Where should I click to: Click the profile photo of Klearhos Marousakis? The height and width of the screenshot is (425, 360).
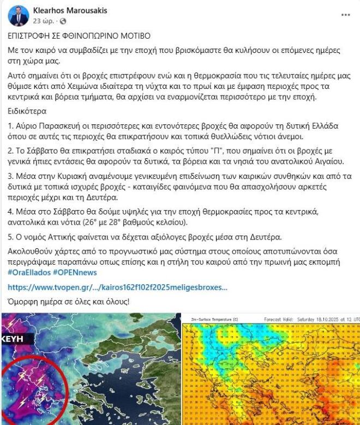(18, 16)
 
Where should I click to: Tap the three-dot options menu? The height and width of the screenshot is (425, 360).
(345, 14)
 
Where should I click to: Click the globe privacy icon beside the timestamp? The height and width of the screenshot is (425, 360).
(62, 21)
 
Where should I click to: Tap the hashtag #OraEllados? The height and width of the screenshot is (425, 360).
(29, 272)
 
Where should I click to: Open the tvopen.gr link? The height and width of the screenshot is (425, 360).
(117, 287)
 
